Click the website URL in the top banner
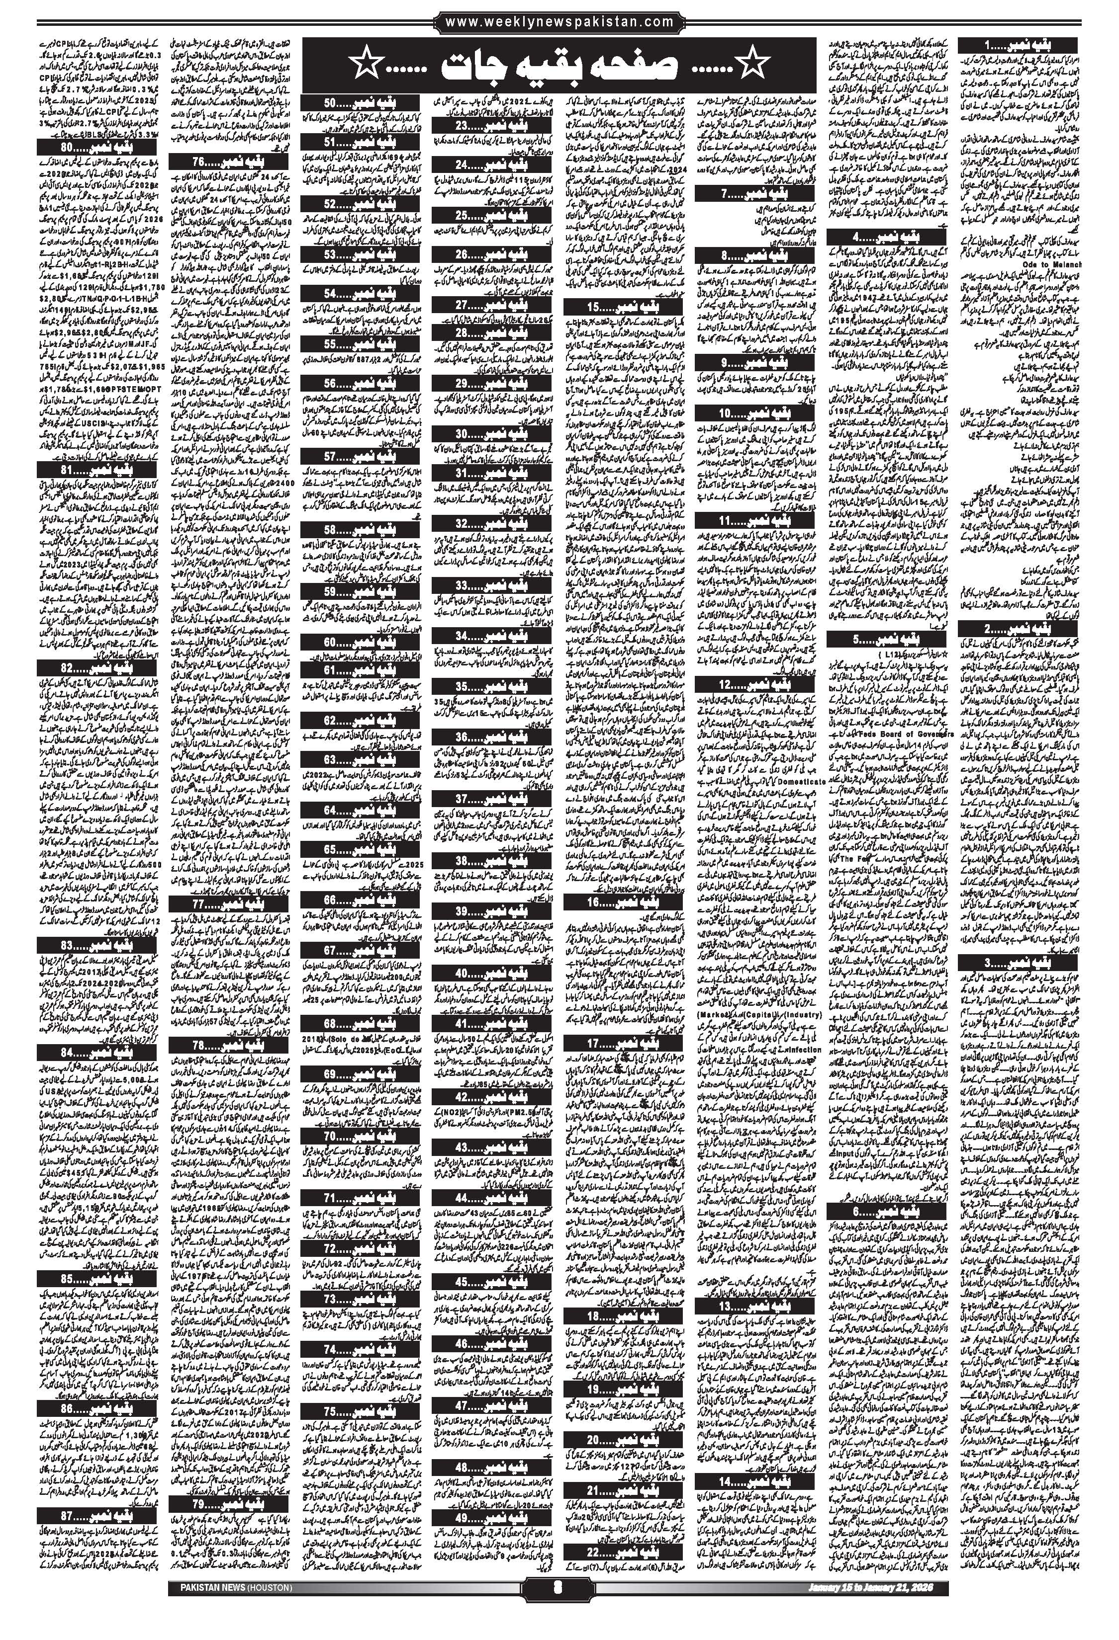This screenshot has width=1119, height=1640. [x=560, y=22]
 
